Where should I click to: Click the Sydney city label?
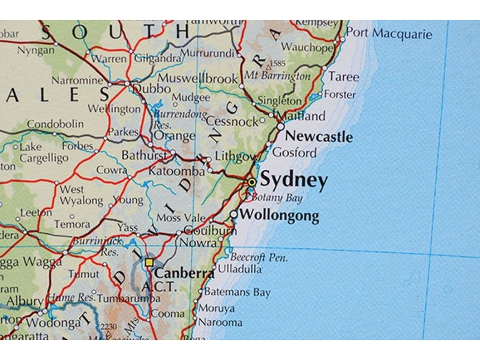(x=294, y=181)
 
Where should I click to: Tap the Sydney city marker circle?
(x=252, y=182)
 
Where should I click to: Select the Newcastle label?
(x=319, y=137)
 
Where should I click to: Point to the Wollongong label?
(x=279, y=216)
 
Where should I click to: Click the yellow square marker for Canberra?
(x=149, y=262)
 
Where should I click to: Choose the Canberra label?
(x=184, y=273)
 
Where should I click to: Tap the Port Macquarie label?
(x=389, y=33)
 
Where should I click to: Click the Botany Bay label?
(x=277, y=198)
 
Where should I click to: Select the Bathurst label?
(x=143, y=155)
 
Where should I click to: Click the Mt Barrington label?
(x=277, y=76)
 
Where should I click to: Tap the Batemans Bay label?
(x=237, y=293)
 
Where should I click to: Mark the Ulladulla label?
(x=239, y=269)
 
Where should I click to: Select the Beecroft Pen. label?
(x=259, y=257)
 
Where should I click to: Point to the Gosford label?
(x=294, y=152)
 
